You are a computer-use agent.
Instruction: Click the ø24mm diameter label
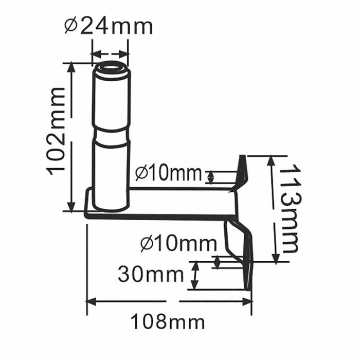[x=109, y=26]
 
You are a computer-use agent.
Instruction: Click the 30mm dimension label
[x=150, y=275]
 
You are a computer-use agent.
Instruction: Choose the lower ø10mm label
[x=177, y=243]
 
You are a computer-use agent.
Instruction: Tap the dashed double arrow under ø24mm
[x=109, y=53]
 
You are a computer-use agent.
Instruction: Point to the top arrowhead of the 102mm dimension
[x=73, y=67]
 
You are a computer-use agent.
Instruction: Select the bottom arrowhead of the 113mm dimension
[x=276, y=257]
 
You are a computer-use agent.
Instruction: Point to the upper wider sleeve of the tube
[x=111, y=98]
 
